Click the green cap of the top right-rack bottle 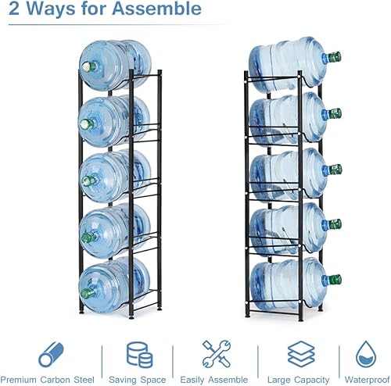[x=335, y=57]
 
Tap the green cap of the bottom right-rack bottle [x=335, y=280]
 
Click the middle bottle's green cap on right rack [x=335, y=169]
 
